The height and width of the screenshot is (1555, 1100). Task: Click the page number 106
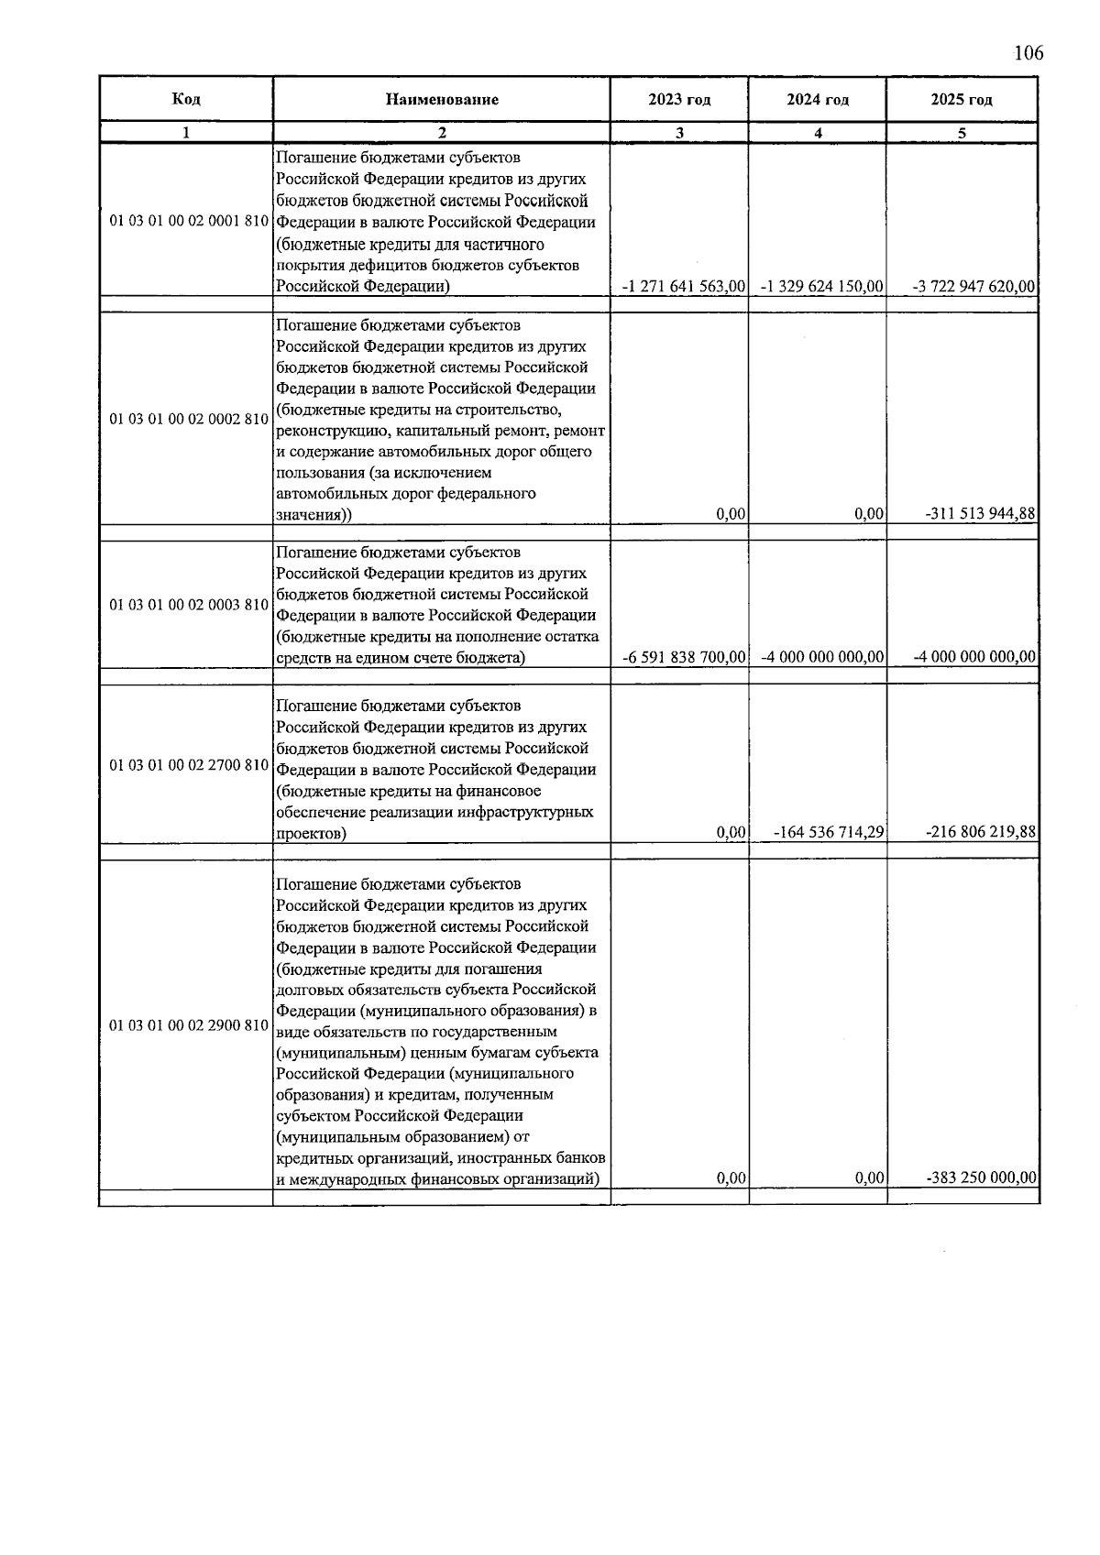pos(1028,53)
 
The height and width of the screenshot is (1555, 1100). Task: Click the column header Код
pos(186,99)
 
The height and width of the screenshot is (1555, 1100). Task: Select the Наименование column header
pos(442,100)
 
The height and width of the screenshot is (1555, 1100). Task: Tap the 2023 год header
pos(679,100)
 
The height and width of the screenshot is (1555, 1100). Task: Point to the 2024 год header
pos(818,100)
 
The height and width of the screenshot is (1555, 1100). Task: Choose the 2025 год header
pos(962,100)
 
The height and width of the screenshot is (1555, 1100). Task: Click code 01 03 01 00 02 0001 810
pos(188,222)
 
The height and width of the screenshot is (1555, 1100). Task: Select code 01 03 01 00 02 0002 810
pos(188,419)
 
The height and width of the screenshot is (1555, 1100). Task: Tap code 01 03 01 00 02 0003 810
pos(188,605)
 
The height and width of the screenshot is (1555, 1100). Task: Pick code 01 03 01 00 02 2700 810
pos(188,764)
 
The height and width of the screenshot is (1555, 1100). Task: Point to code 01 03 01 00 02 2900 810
pos(188,1025)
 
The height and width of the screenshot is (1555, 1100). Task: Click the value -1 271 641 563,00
pos(683,287)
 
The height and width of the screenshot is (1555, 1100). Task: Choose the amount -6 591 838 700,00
pos(683,657)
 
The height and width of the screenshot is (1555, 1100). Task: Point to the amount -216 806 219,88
pos(981,833)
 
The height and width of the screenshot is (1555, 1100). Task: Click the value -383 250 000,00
pos(981,1178)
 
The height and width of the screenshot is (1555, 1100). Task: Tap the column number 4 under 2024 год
pos(818,133)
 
